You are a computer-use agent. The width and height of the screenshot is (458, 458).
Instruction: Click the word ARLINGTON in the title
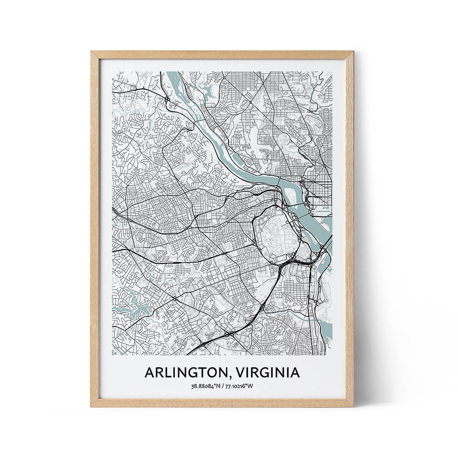[187, 372]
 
